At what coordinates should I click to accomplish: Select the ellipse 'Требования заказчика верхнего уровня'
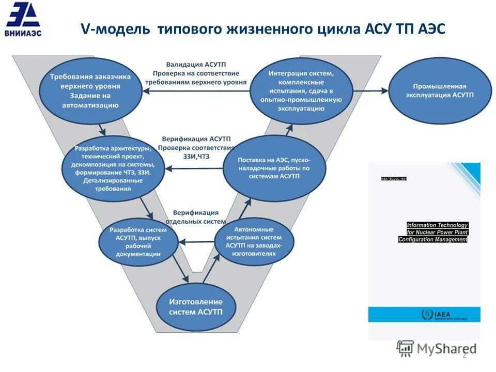90,91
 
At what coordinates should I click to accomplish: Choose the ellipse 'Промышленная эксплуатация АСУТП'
440,91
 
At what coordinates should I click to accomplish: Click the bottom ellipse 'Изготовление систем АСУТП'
196,307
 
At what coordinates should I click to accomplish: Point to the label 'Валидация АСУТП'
196,64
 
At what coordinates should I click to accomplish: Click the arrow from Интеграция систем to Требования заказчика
196,90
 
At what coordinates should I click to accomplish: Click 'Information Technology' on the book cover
437,225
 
